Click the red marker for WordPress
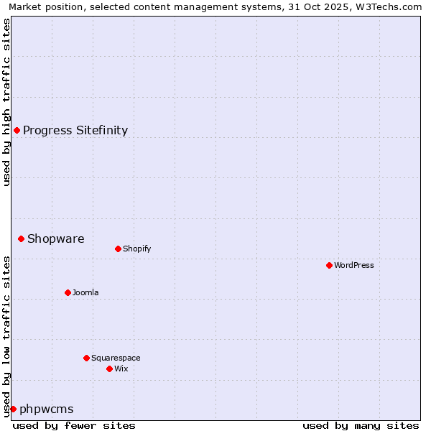(x=329, y=265)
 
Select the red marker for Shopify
(x=118, y=249)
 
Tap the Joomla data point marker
(x=68, y=292)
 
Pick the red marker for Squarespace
(x=86, y=358)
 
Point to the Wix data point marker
(x=109, y=369)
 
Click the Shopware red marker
(x=21, y=238)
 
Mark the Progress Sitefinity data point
(x=17, y=130)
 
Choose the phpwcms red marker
(x=13, y=409)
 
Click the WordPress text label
(x=354, y=265)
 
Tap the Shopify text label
(x=136, y=249)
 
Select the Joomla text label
(x=85, y=292)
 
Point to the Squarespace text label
(x=116, y=358)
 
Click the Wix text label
(x=121, y=369)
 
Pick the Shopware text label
(x=55, y=238)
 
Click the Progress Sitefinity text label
(x=75, y=130)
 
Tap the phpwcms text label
(x=46, y=409)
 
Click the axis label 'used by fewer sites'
(x=74, y=425)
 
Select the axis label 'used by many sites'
(x=361, y=425)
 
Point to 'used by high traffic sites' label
(x=6, y=102)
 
